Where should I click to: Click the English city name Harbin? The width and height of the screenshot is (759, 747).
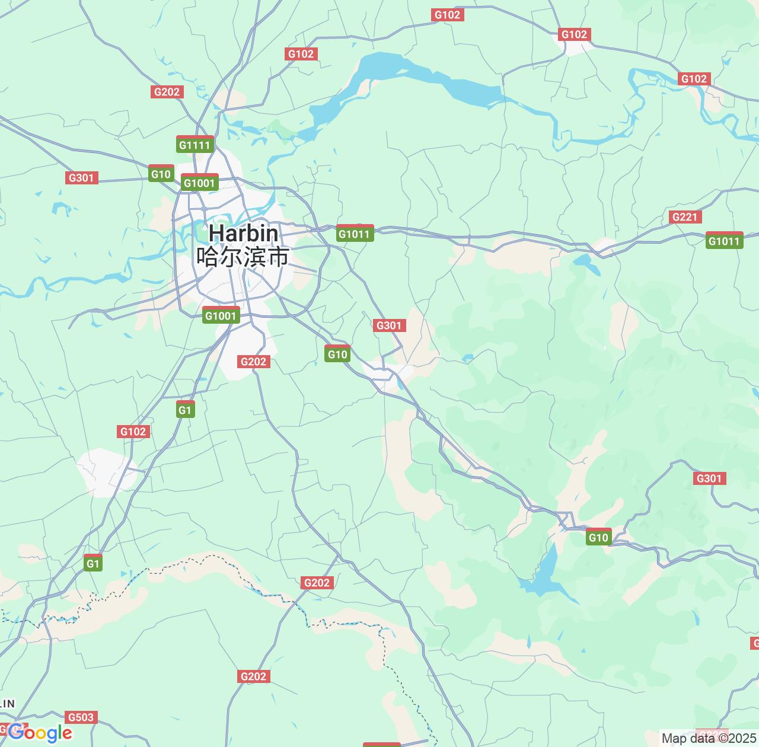click(x=243, y=233)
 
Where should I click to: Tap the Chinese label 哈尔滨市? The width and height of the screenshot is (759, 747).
click(x=243, y=257)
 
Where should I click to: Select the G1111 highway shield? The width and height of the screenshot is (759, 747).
click(x=194, y=145)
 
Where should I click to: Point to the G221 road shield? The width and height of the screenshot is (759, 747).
click(x=685, y=217)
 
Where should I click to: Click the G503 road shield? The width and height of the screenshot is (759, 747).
click(x=81, y=717)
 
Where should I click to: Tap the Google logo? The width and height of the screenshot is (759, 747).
click(x=40, y=733)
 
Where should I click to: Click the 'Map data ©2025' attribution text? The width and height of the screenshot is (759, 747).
click(x=709, y=739)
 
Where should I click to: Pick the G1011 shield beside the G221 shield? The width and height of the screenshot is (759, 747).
click(x=724, y=241)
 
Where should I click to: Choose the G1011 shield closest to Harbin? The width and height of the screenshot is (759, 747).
click(x=354, y=234)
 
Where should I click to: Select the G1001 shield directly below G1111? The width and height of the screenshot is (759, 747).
click(x=199, y=183)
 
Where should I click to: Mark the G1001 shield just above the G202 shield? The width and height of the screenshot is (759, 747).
click(x=221, y=316)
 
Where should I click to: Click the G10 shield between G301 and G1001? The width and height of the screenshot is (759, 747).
click(x=161, y=174)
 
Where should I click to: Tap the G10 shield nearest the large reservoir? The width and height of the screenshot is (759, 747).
click(x=598, y=538)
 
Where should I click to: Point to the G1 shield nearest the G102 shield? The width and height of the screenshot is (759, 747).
click(x=185, y=410)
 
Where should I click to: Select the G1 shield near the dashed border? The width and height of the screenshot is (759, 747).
click(x=93, y=564)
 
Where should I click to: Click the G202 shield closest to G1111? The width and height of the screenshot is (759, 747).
click(x=167, y=92)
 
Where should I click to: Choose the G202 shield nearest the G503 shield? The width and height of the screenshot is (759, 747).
click(x=254, y=676)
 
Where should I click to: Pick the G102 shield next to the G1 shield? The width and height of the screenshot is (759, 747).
click(x=133, y=432)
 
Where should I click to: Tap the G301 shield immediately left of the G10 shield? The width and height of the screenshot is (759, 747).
click(x=81, y=178)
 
